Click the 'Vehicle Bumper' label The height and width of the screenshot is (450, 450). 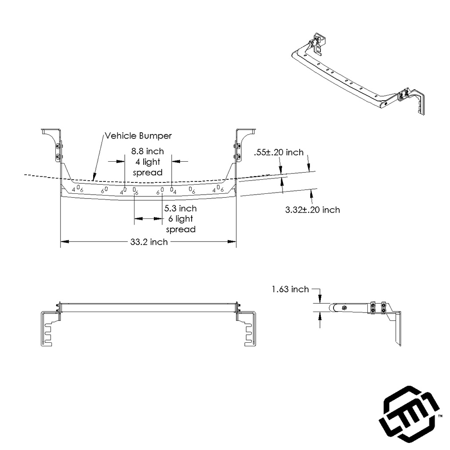(x=138, y=136)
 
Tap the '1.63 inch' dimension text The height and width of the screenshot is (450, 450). (x=290, y=289)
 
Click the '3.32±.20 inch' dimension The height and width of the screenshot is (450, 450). (x=312, y=210)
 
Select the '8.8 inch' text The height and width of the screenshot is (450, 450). (x=148, y=151)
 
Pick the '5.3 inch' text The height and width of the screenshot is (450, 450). (x=180, y=208)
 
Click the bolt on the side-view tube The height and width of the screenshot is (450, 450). (x=344, y=308)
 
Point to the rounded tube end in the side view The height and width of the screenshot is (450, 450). (x=335, y=308)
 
